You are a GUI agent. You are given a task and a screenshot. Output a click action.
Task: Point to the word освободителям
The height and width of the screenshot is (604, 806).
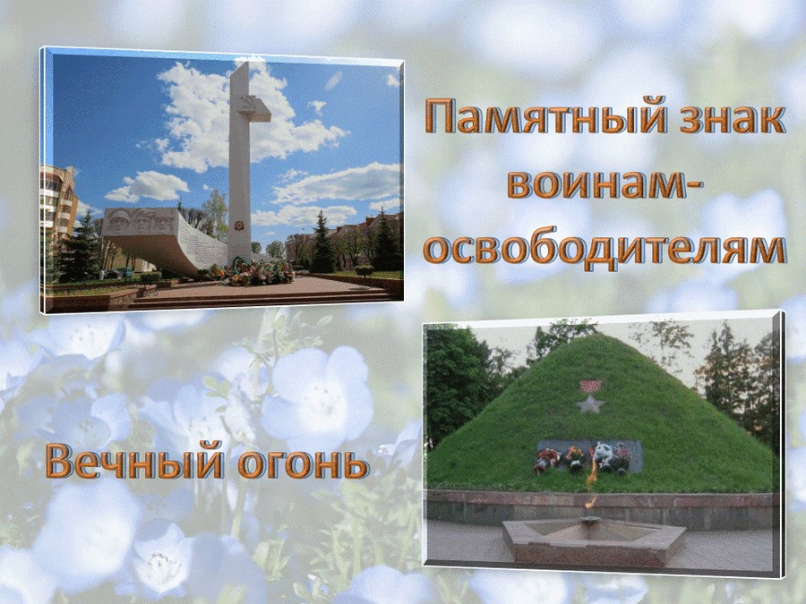(x=604, y=251)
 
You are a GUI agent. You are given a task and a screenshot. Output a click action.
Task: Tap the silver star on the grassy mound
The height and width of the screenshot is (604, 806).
(x=590, y=404)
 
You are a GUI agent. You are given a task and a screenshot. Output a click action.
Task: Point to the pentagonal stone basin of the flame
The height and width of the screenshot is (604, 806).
(x=594, y=540)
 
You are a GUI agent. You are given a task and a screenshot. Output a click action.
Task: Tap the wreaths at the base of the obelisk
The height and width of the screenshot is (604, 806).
(x=251, y=272)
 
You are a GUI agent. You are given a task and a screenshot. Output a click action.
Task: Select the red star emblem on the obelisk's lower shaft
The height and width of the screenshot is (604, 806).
(x=238, y=225)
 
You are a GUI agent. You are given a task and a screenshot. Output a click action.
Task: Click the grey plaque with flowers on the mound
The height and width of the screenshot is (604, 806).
(x=589, y=456)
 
